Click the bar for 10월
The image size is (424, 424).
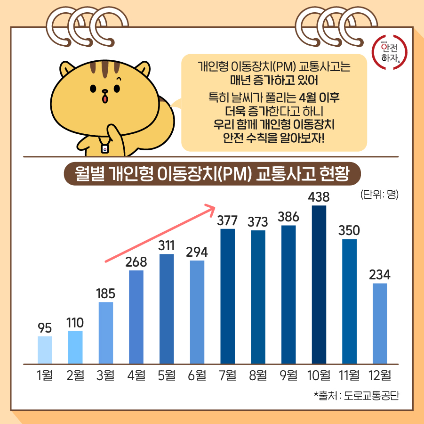click(x=319, y=285)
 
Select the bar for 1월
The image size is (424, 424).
click(x=45, y=350)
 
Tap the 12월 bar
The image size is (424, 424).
click(x=380, y=324)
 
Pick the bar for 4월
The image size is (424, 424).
click(x=136, y=317)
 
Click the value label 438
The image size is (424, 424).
click(x=319, y=196)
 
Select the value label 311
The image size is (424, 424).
click(x=167, y=245)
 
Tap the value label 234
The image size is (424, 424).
click(x=380, y=275)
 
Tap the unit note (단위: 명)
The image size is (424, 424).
click(x=379, y=194)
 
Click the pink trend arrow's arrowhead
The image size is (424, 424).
click(x=211, y=207)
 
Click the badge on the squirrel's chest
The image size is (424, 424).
click(x=106, y=149)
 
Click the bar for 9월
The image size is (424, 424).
click(x=288, y=294)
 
